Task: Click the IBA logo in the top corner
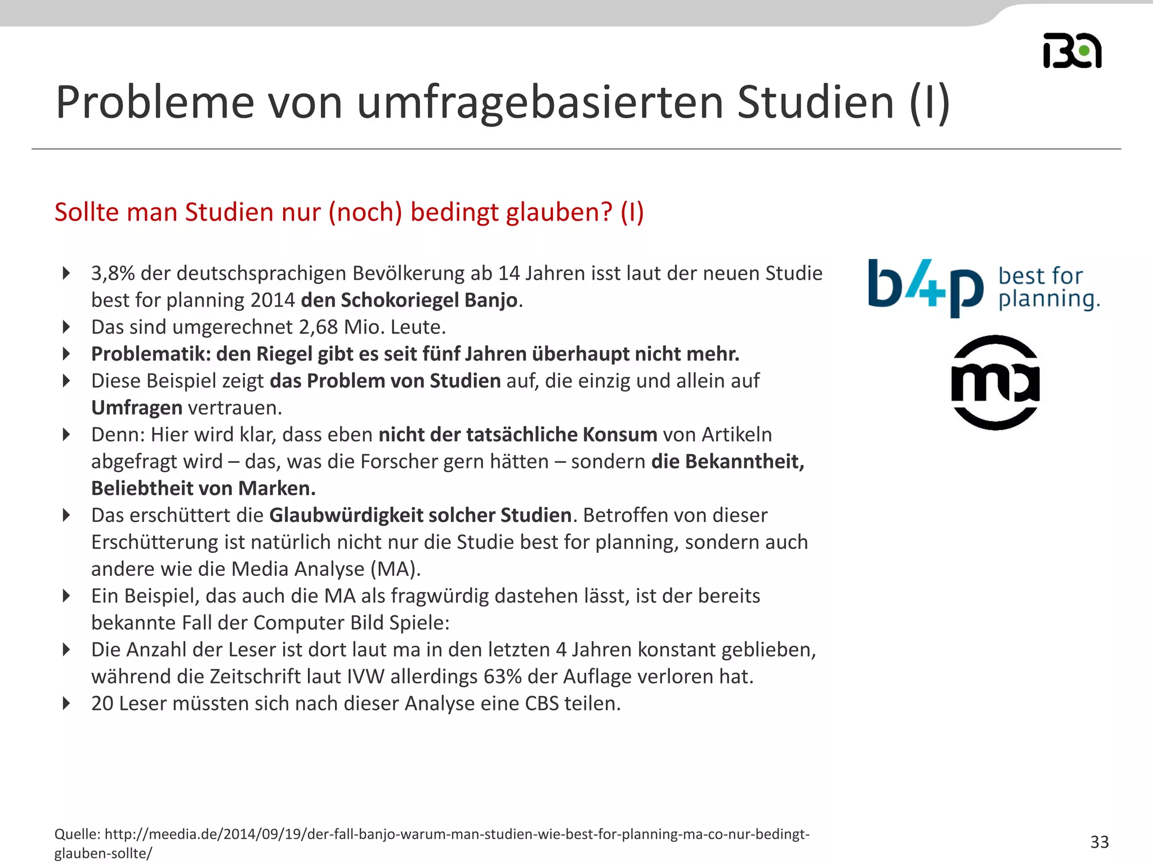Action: pyautogui.click(x=1072, y=51)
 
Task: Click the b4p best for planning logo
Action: pyautogui.click(x=983, y=287)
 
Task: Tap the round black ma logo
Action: pyautogui.click(x=995, y=382)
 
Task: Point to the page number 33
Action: pyautogui.click(x=1100, y=841)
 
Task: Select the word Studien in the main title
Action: pyautogui.click(x=815, y=102)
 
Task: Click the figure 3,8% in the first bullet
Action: pyautogui.click(x=113, y=273)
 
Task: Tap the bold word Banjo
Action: pyautogui.click(x=490, y=300)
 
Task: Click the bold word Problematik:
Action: pyautogui.click(x=150, y=354)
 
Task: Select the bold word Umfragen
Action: pyautogui.click(x=137, y=408)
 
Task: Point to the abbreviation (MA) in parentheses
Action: pyautogui.click(x=395, y=569)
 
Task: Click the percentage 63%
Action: pyautogui.click(x=502, y=677)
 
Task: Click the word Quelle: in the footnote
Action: pyautogui.click(x=77, y=834)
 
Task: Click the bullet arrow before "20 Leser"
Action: pyautogui.click(x=66, y=704)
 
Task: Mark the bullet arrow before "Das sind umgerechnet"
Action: pyautogui.click(x=66, y=327)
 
